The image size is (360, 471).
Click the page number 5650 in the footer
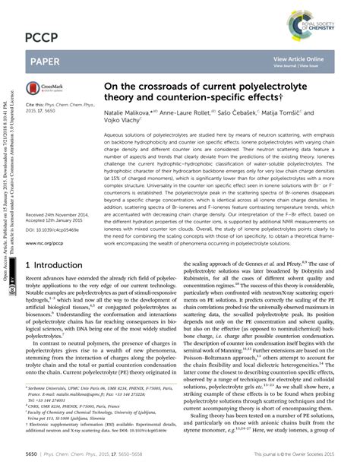33,460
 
